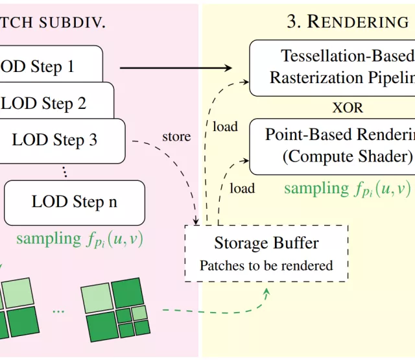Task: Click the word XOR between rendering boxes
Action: coord(348,107)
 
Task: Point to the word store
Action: coord(176,137)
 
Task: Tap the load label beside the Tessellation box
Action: coord(225,127)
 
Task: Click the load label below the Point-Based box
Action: coord(242,189)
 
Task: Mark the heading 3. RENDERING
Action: coord(348,22)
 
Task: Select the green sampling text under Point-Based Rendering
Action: coord(347,189)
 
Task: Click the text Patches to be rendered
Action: coord(266,265)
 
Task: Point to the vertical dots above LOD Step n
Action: coord(64,171)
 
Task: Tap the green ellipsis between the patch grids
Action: coord(58,311)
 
